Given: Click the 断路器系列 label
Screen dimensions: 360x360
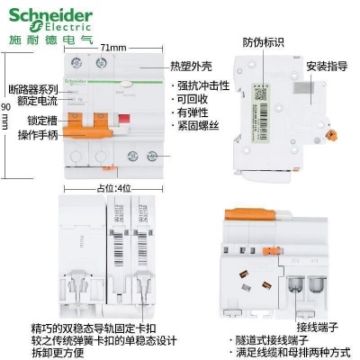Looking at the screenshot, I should point(32,90).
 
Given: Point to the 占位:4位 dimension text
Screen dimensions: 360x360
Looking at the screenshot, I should point(112,188).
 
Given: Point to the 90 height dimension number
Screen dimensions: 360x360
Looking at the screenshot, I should point(7,106).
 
